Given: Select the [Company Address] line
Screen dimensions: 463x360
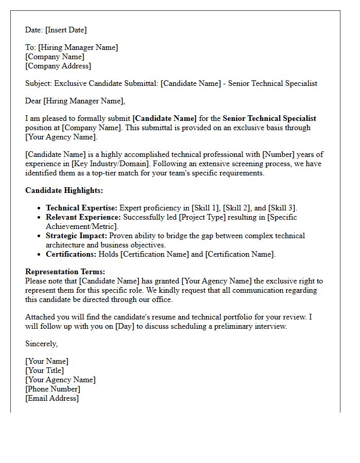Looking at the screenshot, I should pyautogui.click(x=58, y=66).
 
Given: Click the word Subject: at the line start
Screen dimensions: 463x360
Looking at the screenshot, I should pyautogui.click(x=39, y=83).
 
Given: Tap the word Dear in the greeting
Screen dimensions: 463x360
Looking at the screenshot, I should pyautogui.click(x=33, y=101).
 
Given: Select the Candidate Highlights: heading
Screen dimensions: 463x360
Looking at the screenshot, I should pyautogui.click(x=64, y=190).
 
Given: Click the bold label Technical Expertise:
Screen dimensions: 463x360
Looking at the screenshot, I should pyautogui.click(x=81, y=208).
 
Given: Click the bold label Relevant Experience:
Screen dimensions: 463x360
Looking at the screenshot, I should pyautogui.click(x=83, y=217).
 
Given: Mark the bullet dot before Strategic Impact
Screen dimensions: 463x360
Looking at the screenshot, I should pyautogui.click(x=40, y=236).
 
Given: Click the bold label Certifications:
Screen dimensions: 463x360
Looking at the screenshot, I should pyautogui.click(x=71, y=254).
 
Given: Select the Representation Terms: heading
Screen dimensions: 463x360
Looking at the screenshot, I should pyautogui.click(x=65, y=272).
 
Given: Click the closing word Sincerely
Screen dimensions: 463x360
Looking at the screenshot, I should pyautogui.click(x=42, y=344).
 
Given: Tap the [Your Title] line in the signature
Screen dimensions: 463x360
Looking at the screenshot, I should pyautogui.click(x=45, y=370).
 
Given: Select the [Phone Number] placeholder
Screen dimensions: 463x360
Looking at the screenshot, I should pyautogui.click(x=52, y=389).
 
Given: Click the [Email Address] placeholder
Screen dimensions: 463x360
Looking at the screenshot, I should pyautogui.click(x=52, y=398).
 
